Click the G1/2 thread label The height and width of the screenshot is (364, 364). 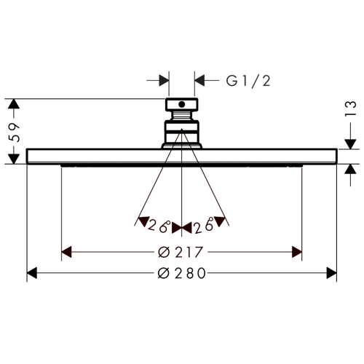248,81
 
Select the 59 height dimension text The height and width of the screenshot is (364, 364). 14,132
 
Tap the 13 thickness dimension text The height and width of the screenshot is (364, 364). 351,108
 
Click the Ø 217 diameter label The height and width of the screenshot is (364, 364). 180,252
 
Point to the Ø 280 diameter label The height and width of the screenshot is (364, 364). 182,274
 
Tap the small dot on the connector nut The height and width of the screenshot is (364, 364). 181,105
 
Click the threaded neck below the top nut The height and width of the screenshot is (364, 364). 182,116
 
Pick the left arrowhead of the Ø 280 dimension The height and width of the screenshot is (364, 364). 32,274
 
